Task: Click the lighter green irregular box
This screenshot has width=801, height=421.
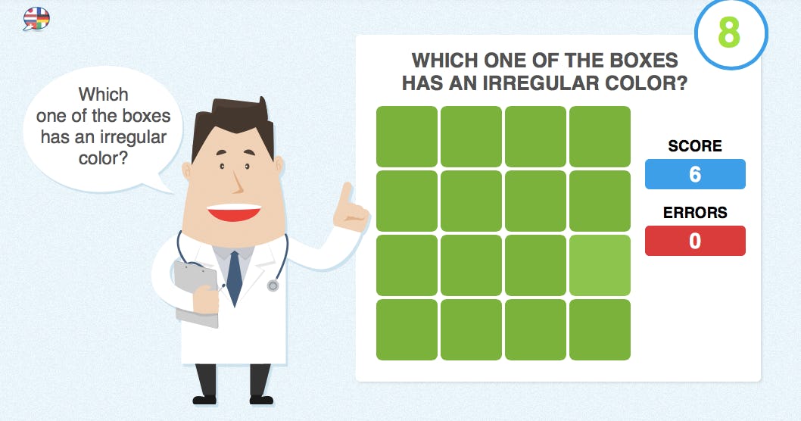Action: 600,265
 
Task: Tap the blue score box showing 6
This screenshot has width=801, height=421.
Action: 695,174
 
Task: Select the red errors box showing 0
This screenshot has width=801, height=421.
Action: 695,241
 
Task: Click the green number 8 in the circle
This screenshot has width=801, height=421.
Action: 729,33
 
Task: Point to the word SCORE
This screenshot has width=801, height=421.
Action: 695,146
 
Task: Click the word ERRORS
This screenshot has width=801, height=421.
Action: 695,213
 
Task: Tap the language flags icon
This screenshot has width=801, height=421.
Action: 36,18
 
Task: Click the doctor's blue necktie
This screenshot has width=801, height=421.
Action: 235,276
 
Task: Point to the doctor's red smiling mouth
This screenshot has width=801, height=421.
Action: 234,211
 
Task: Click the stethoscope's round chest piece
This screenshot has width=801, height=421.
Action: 273,285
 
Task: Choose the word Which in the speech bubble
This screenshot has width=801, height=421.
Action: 104,95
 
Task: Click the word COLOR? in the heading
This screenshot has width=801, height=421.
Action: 650,83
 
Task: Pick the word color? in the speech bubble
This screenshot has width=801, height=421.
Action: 104,158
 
